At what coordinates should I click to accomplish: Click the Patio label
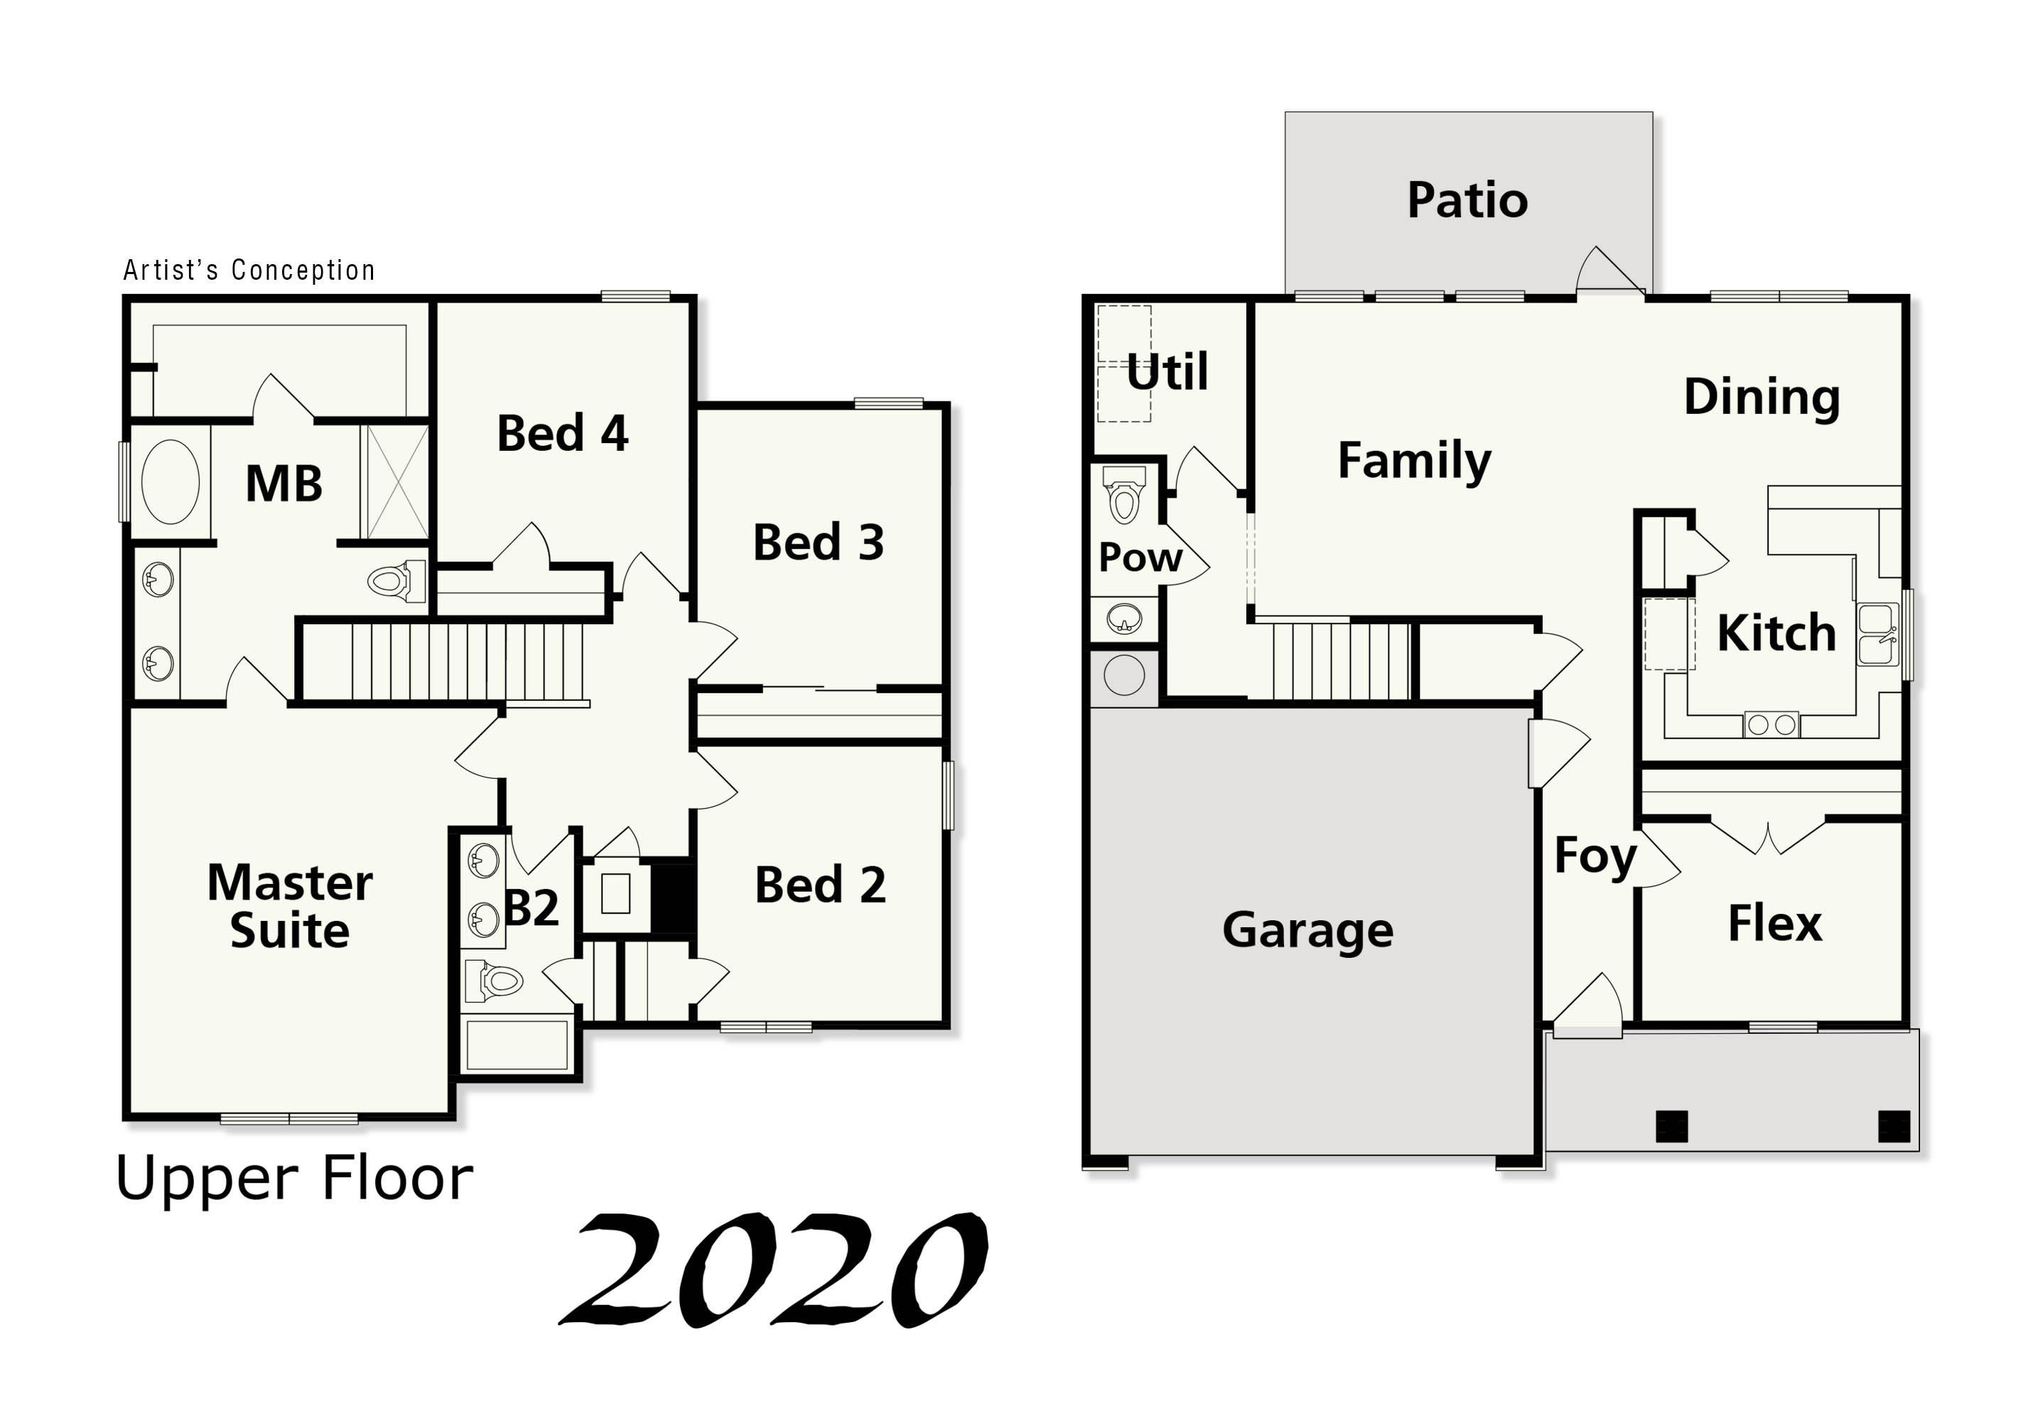(1466, 200)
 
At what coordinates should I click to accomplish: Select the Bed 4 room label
(562, 433)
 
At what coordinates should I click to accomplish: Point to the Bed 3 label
(818, 542)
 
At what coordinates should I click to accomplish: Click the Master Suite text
(289, 906)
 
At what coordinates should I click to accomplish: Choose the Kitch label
(1776, 633)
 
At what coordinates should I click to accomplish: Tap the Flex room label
(1774, 924)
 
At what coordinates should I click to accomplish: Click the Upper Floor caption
(294, 1179)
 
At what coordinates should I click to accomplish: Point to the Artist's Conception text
(249, 270)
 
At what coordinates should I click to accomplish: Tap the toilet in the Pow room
(1123, 498)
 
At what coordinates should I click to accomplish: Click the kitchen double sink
(1875, 633)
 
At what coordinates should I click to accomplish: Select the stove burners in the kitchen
(1771, 725)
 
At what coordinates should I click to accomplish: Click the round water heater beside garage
(1123, 677)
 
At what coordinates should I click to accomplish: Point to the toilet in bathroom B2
(496, 980)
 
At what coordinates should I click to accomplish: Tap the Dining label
(1761, 396)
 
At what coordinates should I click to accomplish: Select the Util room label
(1167, 371)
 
